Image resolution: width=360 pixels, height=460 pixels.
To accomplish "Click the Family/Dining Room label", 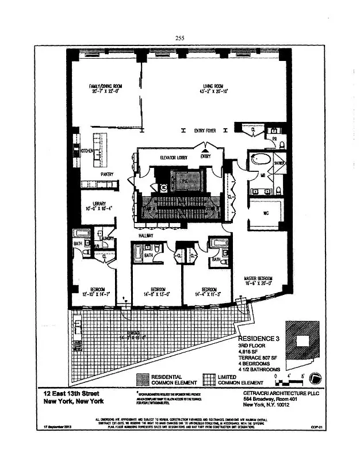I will tap(105, 86).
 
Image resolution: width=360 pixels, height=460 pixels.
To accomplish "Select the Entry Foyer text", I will tap(205, 131).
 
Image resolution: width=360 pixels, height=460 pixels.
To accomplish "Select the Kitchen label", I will tap(87, 151).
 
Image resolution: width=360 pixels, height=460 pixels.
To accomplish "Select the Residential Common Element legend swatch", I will tap(141, 379).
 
